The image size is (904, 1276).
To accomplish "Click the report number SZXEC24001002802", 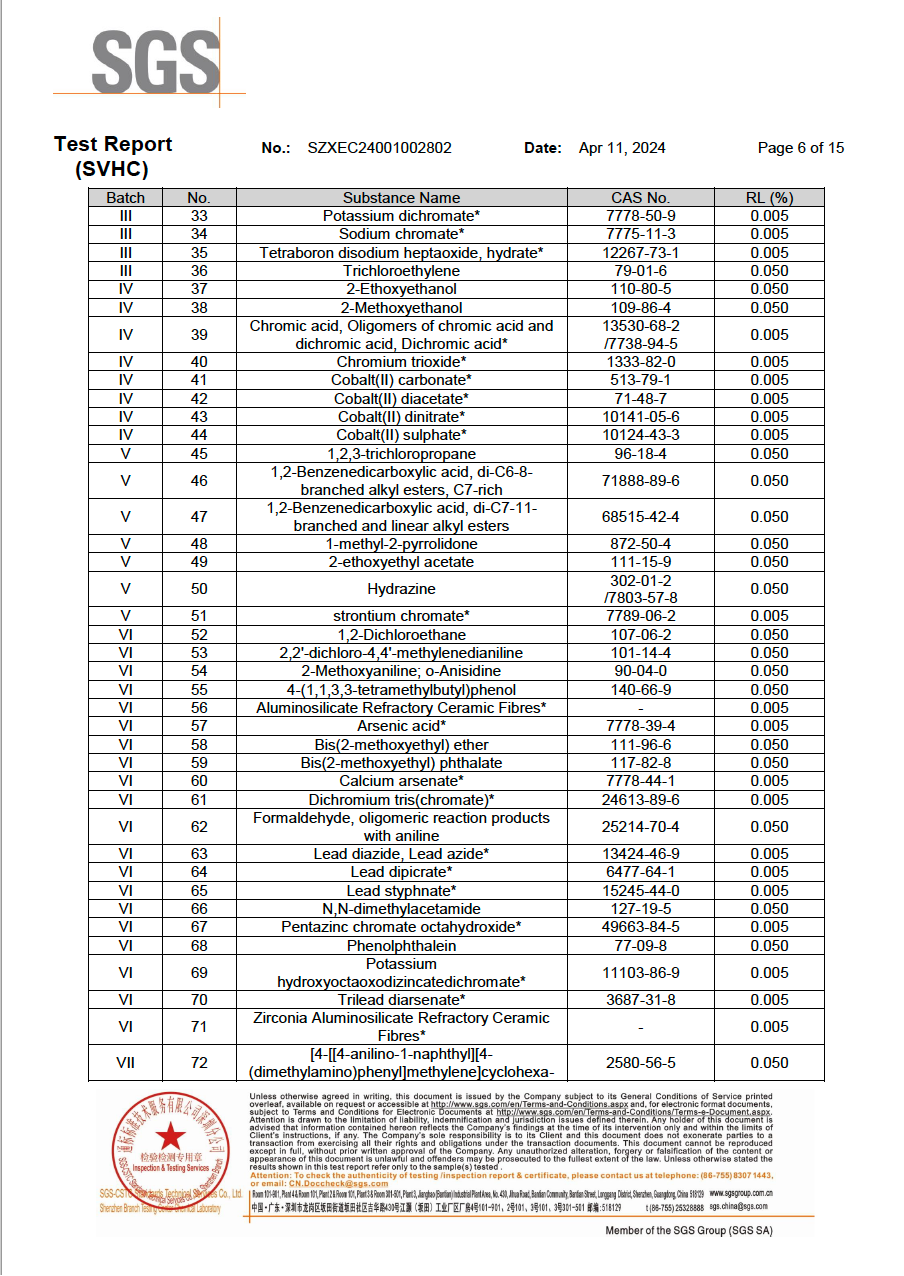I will click(x=380, y=148).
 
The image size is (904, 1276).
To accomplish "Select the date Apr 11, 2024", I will click(x=622, y=148).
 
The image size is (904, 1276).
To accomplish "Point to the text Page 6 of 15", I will click(x=800, y=148).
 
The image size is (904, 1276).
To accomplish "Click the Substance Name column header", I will click(x=401, y=198).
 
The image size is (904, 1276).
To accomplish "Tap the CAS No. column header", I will click(x=640, y=198).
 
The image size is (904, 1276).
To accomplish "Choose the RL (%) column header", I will click(x=769, y=198).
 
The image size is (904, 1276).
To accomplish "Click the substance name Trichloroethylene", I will click(x=401, y=271).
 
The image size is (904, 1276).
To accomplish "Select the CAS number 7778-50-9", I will click(x=640, y=216).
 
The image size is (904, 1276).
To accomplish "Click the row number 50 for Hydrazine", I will click(x=199, y=589).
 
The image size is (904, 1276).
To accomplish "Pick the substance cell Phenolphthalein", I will click(x=401, y=946).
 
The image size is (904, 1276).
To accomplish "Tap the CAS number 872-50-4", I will click(x=640, y=544).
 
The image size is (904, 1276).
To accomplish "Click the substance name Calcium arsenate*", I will click(x=401, y=781).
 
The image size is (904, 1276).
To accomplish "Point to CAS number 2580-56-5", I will click(x=640, y=1063).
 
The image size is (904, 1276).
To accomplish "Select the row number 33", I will click(x=199, y=216).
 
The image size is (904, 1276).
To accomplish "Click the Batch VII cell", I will click(x=125, y=1063).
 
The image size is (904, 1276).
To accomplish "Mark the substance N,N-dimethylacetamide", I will click(x=401, y=909).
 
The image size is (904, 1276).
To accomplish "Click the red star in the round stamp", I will click(x=172, y=1137).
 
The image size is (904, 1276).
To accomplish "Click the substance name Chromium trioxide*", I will click(x=401, y=362).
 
